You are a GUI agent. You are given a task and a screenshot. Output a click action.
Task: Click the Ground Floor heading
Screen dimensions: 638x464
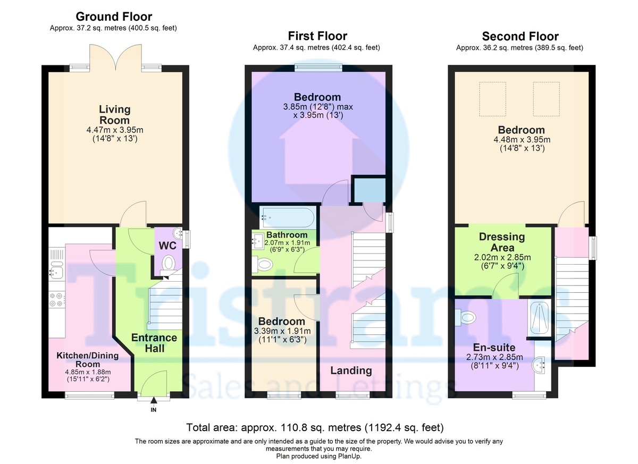(x=114, y=16)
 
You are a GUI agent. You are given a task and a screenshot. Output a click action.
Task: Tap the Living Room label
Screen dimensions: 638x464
(x=114, y=114)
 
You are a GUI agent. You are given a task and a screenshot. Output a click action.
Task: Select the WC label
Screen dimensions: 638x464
(x=167, y=246)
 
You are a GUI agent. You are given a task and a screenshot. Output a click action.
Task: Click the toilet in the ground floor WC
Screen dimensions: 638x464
(x=168, y=263)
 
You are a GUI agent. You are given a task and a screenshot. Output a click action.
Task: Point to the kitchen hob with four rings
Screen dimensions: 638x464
(x=56, y=299)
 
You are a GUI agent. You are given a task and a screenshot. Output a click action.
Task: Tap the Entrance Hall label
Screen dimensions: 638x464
(x=154, y=343)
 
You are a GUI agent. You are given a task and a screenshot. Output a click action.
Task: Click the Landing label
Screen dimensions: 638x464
(x=351, y=370)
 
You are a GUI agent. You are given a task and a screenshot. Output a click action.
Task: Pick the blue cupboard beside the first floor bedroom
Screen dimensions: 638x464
(x=370, y=190)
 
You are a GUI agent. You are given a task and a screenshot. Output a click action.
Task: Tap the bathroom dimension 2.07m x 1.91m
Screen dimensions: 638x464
(x=287, y=243)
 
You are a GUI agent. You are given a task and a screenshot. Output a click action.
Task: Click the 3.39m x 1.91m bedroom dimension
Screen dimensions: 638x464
(x=282, y=331)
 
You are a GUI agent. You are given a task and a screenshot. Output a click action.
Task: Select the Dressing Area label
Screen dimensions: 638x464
(x=502, y=242)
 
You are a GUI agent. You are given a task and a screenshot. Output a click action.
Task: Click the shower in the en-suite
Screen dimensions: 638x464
(x=539, y=317)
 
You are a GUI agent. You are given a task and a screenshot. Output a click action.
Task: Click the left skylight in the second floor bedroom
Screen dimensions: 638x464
(x=493, y=99)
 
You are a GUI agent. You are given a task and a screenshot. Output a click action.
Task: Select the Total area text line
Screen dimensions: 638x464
(x=315, y=427)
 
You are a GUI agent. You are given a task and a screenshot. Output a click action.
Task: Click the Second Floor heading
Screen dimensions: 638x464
(x=520, y=37)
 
